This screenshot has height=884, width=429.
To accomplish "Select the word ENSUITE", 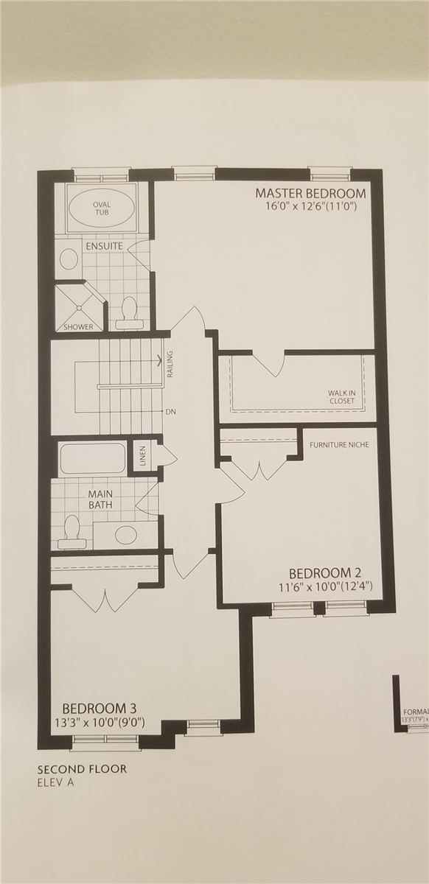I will (104, 245).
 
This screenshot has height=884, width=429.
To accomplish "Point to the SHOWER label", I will (77, 326).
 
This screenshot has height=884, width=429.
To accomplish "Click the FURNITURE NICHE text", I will (339, 445).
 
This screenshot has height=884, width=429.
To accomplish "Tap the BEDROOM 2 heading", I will (324, 573).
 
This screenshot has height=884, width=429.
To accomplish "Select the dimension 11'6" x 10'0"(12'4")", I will (325, 587).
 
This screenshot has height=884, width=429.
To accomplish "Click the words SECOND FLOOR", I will (82, 769).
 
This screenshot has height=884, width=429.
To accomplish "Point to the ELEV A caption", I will (56, 782).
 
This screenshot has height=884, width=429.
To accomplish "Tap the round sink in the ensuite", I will (69, 259).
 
